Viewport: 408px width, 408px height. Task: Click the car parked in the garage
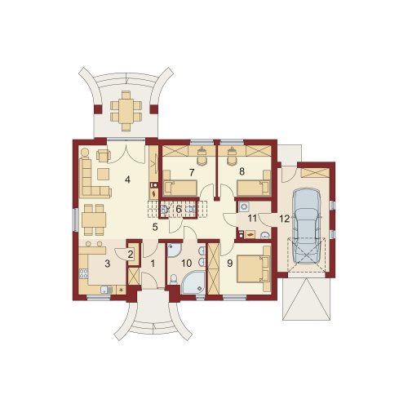pos(307,226)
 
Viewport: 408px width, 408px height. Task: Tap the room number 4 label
pos(127,180)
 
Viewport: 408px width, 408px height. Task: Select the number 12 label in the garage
pos(284,219)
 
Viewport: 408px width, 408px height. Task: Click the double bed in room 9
pos(254,269)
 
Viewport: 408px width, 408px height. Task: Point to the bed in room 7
pos(180,188)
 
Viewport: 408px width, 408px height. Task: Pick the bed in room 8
pos(254,188)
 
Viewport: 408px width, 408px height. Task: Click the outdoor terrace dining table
pos(126,111)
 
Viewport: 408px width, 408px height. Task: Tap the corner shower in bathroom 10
pos(193,282)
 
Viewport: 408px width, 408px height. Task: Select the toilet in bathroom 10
pos(173,279)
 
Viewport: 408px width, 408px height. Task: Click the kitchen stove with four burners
pos(83,273)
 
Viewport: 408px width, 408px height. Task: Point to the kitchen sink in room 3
pos(106,290)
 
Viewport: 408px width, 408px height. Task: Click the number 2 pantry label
pos(131,255)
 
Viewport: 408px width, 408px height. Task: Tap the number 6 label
pos(179,210)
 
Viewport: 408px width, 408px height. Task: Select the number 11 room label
pos(252,218)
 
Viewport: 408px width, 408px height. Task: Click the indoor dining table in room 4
pos(94,220)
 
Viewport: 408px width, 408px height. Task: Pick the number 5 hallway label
pos(155,227)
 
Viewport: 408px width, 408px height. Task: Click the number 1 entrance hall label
pos(153,264)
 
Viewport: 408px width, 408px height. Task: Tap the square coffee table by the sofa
pos(103,174)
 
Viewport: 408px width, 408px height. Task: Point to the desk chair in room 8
pos(232,158)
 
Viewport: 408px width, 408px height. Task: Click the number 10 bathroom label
pos(187,264)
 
